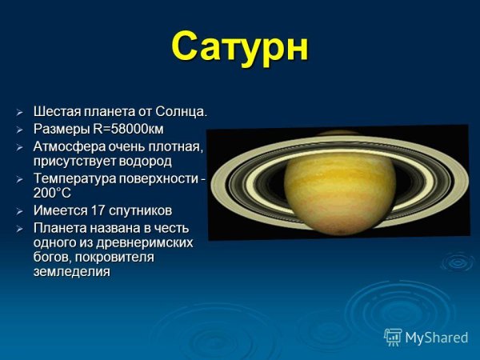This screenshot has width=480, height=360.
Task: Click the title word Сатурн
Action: click(240, 47)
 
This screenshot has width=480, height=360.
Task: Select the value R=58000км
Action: click(129, 129)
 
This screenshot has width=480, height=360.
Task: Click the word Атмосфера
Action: click(68, 147)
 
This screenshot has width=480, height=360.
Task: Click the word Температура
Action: click(74, 179)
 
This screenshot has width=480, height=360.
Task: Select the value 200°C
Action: click(53, 194)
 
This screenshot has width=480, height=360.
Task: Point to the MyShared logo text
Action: click(436, 338)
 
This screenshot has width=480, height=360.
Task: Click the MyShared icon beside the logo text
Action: click(393, 337)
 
